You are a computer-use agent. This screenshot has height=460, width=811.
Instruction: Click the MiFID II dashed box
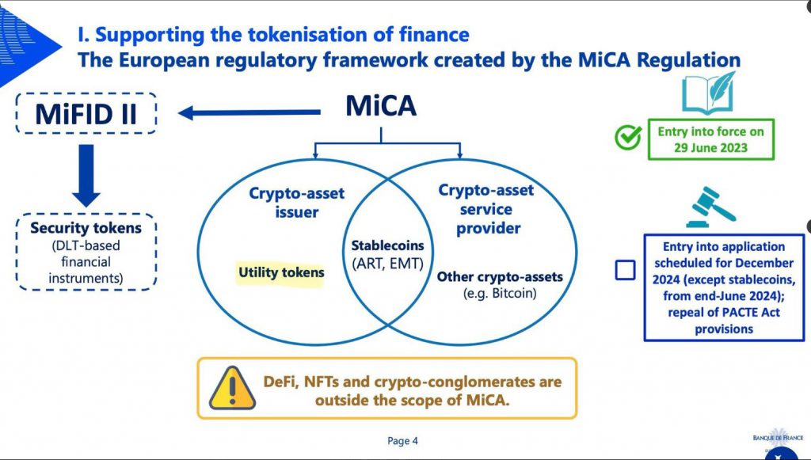click(85, 114)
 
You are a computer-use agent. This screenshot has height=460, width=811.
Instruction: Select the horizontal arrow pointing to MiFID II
click(245, 113)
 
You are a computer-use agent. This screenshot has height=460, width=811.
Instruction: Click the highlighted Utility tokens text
click(281, 272)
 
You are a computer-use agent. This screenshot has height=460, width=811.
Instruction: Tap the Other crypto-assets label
click(500, 277)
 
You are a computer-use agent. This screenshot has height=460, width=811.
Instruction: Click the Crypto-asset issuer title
click(297, 202)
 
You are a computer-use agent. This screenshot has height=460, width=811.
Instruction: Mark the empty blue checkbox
click(625, 271)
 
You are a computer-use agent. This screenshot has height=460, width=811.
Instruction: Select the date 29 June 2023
click(711, 148)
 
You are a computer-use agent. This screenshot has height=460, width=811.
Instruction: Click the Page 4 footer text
click(402, 441)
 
